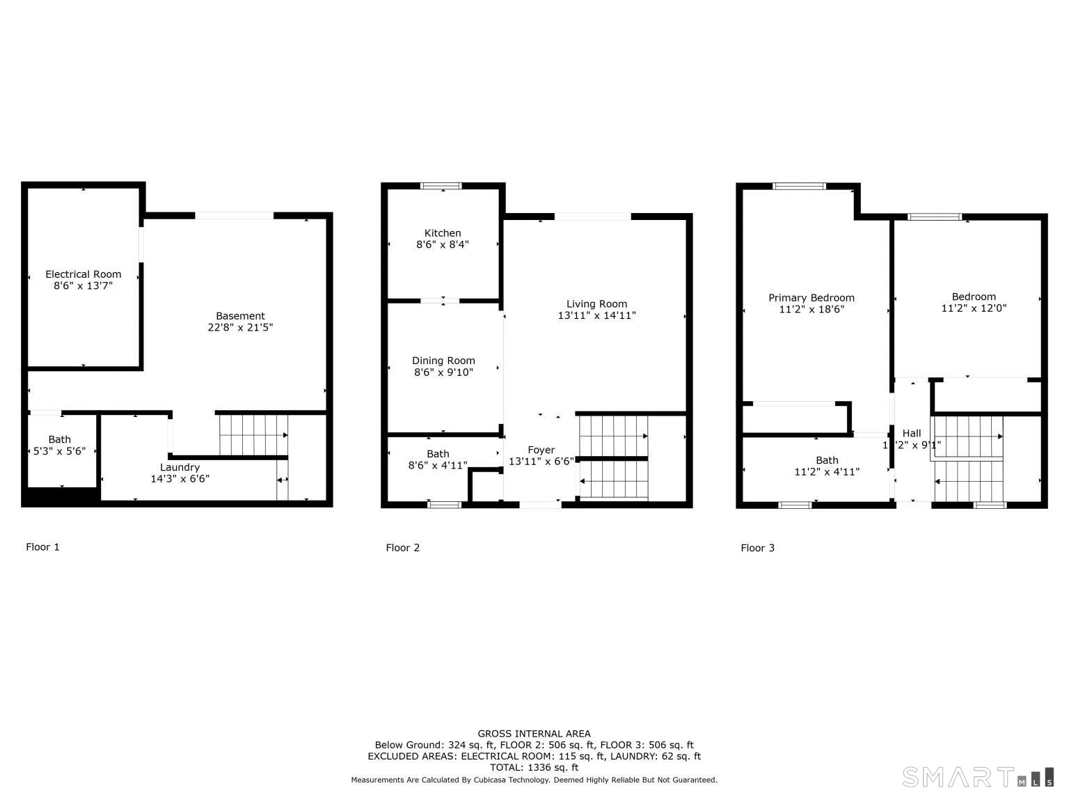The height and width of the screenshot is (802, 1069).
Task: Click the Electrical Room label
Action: pos(84,274)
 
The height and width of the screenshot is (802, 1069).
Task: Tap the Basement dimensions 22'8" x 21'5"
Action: pos(240,327)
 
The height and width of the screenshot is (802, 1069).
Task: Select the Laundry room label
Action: pos(180,467)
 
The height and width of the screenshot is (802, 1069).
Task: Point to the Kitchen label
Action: pos(442,233)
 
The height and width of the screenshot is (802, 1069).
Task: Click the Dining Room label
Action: pos(443,361)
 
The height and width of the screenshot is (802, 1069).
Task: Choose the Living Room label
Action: pos(596,304)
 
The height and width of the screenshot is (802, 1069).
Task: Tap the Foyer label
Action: pos(541,450)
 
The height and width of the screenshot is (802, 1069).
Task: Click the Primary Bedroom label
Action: pos(811,297)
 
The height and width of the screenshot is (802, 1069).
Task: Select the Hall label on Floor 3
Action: pos(912,434)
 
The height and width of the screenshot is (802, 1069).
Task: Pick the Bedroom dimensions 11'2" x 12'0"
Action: pos(974,308)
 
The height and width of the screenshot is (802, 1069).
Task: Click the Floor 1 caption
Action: pos(42,547)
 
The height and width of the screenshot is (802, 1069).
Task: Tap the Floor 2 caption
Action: pos(402,548)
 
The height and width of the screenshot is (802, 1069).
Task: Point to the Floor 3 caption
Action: pos(757,548)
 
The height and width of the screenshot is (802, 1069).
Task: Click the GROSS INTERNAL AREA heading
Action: pos(534,733)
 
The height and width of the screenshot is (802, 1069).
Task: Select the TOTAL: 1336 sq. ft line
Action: pos(534,767)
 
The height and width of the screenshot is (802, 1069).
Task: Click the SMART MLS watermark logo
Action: pos(978,777)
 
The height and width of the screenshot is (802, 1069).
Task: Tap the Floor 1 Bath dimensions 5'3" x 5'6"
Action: pos(59,451)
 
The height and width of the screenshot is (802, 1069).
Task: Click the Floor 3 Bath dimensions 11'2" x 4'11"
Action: pos(827,472)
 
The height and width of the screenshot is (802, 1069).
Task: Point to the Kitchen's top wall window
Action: pos(441,185)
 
